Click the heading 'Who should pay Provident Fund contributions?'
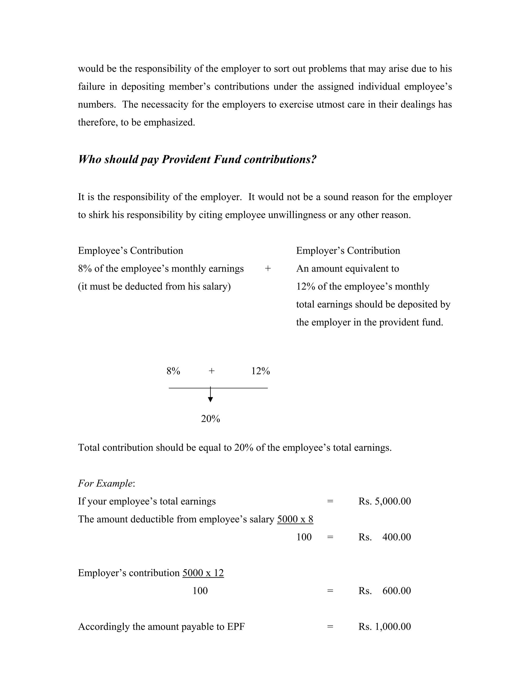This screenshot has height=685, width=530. pyautogui.click(x=197, y=160)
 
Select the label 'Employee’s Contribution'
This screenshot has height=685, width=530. pyautogui.click(x=130, y=250)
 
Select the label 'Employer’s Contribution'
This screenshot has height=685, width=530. pyautogui.click(x=348, y=250)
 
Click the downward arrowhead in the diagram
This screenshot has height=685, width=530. pyautogui.click(x=210, y=399)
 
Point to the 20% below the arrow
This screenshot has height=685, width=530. pyautogui.click(x=210, y=419)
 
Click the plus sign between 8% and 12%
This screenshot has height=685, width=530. pyautogui.click(x=212, y=371)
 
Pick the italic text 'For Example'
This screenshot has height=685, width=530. pyautogui.click(x=105, y=483)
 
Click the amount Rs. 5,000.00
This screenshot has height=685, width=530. pyautogui.click(x=384, y=501)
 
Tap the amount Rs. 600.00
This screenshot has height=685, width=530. pyautogui.click(x=384, y=591)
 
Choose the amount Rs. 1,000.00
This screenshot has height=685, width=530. pyautogui.click(x=384, y=627)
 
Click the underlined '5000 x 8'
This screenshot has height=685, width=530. pyautogui.click(x=295, y=519)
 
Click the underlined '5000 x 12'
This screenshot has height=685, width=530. pyautogui.click(x=203, y=573)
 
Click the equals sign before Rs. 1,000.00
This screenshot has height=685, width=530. pyautogui.click(x=330, y=627)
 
